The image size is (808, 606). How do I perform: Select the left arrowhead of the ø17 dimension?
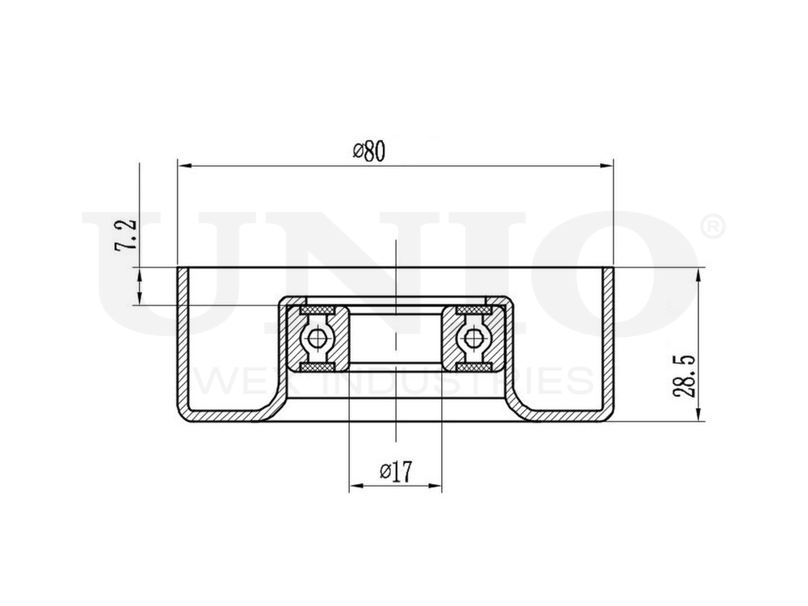click(x=355, y=487)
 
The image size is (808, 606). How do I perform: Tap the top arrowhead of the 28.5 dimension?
click(x=698, y=273)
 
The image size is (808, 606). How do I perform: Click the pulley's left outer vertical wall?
click(x=184, y=339)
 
